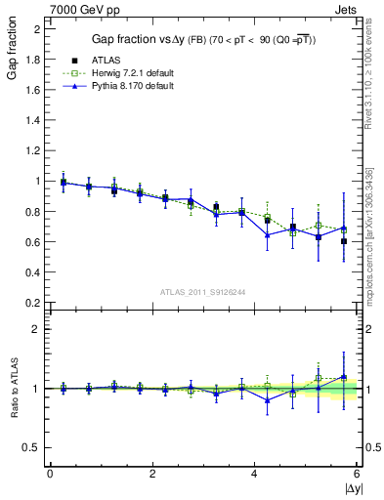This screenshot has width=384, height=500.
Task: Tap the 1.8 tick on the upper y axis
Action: [34, 60]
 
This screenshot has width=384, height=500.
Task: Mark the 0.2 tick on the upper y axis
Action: [34, 303]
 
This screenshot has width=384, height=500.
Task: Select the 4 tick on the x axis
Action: [255, 474]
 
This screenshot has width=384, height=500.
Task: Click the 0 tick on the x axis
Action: [50, 474]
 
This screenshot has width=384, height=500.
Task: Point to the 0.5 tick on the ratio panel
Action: [34, 448]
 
